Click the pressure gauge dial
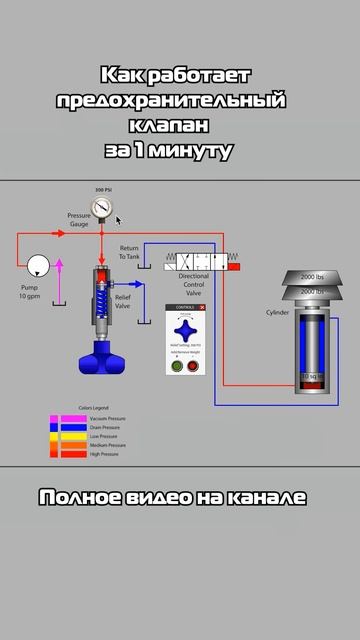tap(102, 207)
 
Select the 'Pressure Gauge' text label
tap(78, 219)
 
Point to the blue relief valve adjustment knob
tap(103, 353)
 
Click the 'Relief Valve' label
tap(123, 301)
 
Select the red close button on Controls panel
tap(202, 308)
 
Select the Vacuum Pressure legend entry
tap(85, 417)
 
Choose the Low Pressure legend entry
tap(85, 436)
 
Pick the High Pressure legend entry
tap(85, 454)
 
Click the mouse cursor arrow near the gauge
tap(118, 220)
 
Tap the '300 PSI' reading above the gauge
tap(102, 190)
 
